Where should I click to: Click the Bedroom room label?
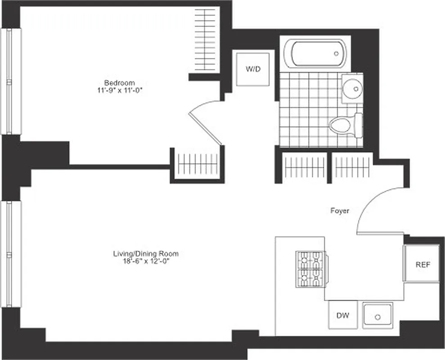tap(119, 83)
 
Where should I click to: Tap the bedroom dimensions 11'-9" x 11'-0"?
tap(119, 90)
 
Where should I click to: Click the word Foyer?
tap(340, 211)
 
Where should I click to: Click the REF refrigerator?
tap(423, 265)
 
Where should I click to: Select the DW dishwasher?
tap(343, 315)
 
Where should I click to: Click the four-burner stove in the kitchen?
tap(310, 269)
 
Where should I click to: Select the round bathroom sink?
tap(352, 87)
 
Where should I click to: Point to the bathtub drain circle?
tap(337, 54)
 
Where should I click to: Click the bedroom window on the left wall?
tap(11, 81)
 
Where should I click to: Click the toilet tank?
tap(359, 125)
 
